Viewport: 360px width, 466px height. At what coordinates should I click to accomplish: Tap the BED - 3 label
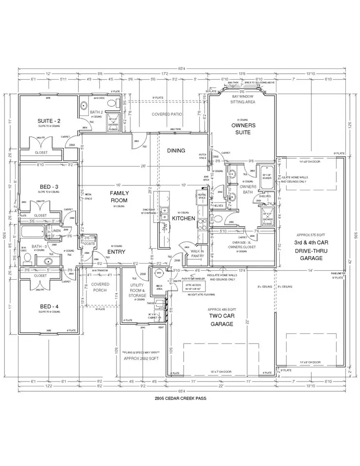pos(49,186)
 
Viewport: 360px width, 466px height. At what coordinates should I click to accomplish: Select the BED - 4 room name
pos(49,307)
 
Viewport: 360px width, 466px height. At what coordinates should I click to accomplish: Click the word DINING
pos(176,150)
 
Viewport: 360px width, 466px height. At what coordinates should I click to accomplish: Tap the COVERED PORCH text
pos(100,287)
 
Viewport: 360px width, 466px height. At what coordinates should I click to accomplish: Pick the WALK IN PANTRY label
pos(197,253)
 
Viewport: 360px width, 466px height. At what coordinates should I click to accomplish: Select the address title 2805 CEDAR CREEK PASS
pos(179,398)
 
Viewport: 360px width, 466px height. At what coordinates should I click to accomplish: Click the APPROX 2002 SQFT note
pos(141,357)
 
